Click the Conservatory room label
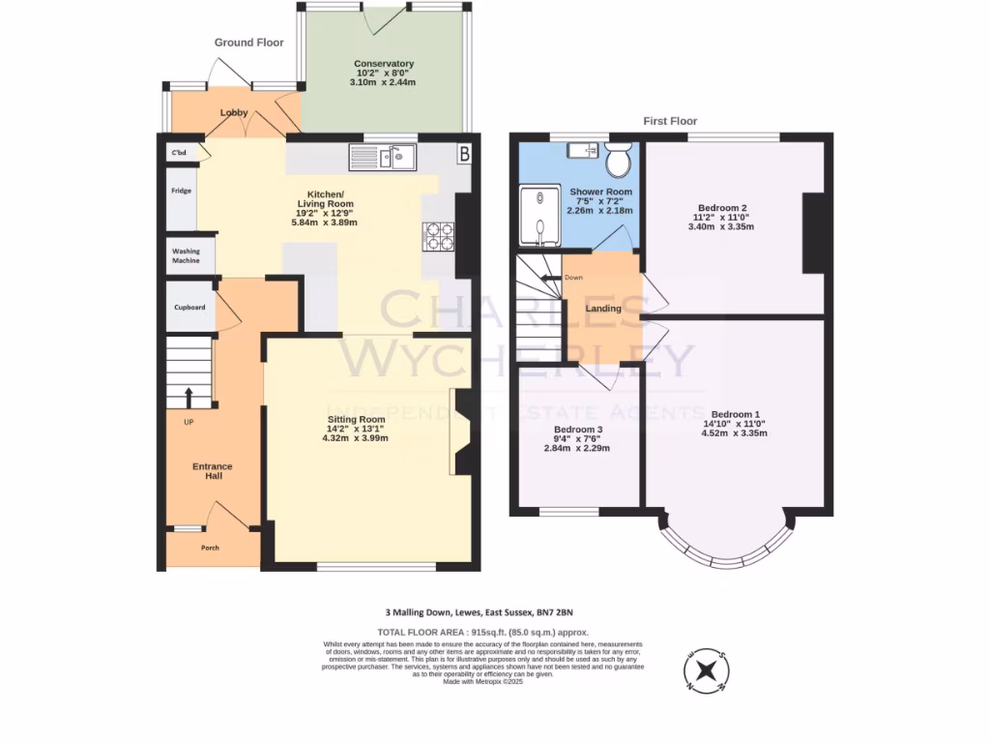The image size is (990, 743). pyautogui.click(x=383, y=64)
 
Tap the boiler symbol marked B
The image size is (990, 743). pyautogui.click(x=463, y=153)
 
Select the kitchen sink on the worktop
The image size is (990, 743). pyautogui.click(x=382, y=157)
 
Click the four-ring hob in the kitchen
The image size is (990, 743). pyautogui.click(x=439, y=236)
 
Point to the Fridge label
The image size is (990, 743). pyautogui.click(x=181, y=191)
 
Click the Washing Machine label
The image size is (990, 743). pyautogui.click(x=187, y=255)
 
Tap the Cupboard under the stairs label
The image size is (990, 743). pyautogui.click(x=189, y=308)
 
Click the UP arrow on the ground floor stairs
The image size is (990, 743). pyautogui.click(x=188, y=397)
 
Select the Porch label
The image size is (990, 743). pyautogui.click(x=210, y=548)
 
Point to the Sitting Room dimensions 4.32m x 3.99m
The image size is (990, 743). pyautogui.click(x=355, y=437)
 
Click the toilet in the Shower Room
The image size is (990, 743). pyautogui.click(x=620, y=154)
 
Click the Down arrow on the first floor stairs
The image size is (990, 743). pyautogui.click(x=551, y=279)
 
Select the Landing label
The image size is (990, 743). pyautogui.click(x=603, y=309)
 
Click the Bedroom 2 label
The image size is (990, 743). pyautogui.click(x=722, y=208)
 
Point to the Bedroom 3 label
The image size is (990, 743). pyautogui.click(x=578, y=430)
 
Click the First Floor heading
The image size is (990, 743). pyautogui.click(x=670, y=121)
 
